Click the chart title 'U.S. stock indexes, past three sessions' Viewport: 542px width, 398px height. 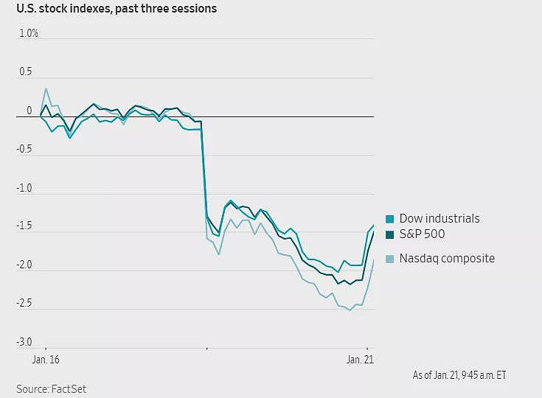(117, 8)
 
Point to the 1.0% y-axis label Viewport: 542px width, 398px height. (28, 33)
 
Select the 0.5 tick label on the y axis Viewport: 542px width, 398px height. (26, 71)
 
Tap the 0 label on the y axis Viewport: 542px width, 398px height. (29, 111)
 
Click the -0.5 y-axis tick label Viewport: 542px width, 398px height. (24, 149)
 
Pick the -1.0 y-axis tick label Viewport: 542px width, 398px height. (24, 188)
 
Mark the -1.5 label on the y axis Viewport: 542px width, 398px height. (24, 226)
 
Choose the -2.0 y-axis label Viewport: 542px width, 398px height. (24, 265)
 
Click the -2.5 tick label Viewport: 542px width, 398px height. (24, 303)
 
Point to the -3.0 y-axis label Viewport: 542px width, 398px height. (24, 342)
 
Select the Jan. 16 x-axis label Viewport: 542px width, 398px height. (46, 360)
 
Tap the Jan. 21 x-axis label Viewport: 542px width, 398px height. (360, 360)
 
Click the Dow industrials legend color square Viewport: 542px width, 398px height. (389, 219)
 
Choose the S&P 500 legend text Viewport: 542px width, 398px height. (422, 234)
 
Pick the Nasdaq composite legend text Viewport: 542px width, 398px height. (447, 259)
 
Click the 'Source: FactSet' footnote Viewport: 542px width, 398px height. (51, 389)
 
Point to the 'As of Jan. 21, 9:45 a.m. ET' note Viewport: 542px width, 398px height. (459, 375)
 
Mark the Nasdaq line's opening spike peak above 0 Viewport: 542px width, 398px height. (46, 88)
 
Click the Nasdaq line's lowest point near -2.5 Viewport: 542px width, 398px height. (350, 310)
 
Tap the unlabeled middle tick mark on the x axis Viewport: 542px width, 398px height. (206, 349)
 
